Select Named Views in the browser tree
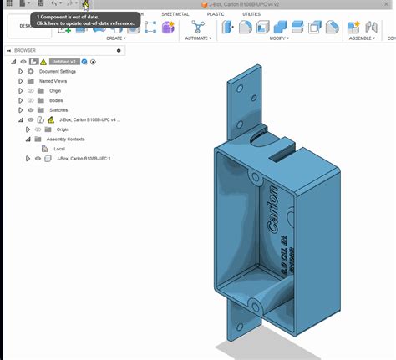click(x=53, y=81)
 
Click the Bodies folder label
click(x=56, y=100)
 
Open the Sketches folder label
click(x=58, y=109)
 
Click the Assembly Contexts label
click(x=64, y=139)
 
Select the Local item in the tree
click(x=59, y=149)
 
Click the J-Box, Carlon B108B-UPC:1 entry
click(x=84, y=158)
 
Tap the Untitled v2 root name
click(x=63, y=62)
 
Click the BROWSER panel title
click(x=25, y=50)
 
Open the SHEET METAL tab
click(x=175, y=14)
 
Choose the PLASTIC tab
click(x=216, y=14)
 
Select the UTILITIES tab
click(x=251, y=14)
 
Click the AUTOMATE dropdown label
click(x=198, y=38)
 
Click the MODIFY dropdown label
click(x=279, y=38)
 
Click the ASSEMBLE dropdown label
click(x=361, y=38)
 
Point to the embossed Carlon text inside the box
click(x=272, y=218)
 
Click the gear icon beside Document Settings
click(x=31, y=72)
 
